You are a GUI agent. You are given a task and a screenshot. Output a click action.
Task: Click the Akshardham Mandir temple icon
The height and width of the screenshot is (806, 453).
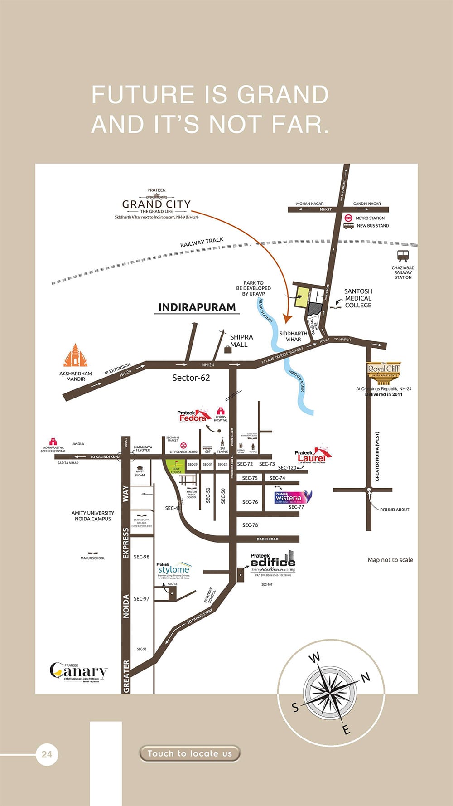(75, 355)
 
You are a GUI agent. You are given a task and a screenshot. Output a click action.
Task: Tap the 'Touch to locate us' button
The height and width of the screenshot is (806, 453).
(189, 753)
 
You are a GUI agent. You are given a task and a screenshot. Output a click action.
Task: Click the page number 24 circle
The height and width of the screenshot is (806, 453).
(47, 754)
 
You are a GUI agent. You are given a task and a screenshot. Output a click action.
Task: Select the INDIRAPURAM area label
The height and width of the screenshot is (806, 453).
(197, 307)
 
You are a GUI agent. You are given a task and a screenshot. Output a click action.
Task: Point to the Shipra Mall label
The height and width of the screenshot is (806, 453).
(241, 341)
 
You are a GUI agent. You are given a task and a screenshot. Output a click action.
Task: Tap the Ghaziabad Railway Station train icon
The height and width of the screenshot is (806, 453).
(403, 256)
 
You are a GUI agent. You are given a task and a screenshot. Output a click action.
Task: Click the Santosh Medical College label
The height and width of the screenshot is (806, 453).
(358, 298)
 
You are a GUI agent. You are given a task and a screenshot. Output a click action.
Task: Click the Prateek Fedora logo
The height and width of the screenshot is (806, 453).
(193, 416)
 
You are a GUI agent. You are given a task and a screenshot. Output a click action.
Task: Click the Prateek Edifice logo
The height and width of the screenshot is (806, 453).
(273, 563)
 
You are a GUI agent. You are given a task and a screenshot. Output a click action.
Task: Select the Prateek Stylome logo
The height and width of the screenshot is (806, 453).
(173, 570)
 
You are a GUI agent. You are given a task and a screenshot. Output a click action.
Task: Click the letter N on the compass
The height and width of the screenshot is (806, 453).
(365, 678)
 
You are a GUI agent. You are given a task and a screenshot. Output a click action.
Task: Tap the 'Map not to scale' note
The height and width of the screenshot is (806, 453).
(390, 560)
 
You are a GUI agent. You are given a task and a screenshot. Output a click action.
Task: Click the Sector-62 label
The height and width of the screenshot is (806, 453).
(191, 378)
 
